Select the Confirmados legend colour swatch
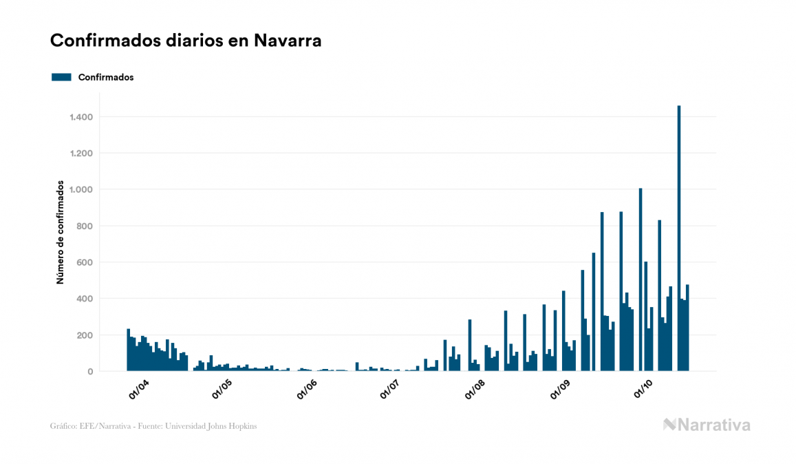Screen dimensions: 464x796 (61, 77)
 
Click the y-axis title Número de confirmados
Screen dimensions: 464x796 (61, 233)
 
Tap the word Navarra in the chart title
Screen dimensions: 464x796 (288, 41)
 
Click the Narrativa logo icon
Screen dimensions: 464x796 (669, 425)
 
